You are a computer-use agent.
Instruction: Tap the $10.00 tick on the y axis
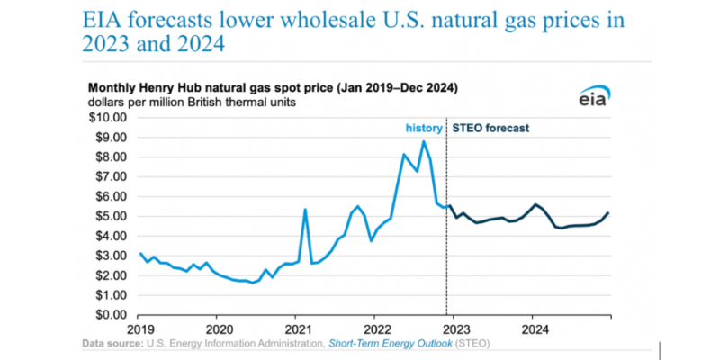110,117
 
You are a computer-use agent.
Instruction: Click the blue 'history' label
423,128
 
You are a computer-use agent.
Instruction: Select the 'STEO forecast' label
490,128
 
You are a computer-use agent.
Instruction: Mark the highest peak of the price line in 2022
423,141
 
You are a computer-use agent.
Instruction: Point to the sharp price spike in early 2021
305,210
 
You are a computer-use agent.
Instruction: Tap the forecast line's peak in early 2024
536,204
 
